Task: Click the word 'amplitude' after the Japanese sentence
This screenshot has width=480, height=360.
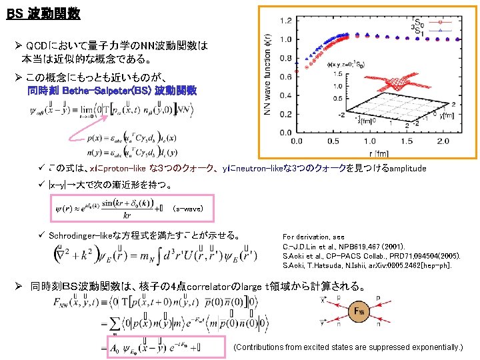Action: tap(407, 169)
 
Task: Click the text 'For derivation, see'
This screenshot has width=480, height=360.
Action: tap(314, 237)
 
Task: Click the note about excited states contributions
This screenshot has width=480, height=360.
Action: tap(348, 347)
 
